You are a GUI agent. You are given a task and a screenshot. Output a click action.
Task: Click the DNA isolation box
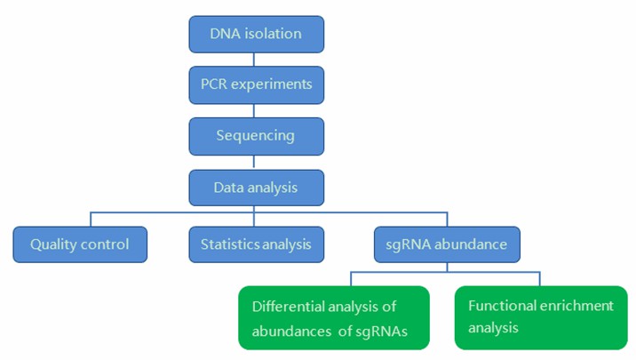[x=256, y=35]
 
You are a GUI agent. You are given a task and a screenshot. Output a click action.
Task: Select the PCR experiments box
[x=256, y=85]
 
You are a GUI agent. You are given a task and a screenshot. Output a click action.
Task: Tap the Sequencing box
[x=256, y=136]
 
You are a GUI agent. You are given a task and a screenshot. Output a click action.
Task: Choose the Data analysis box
[x=256, y=188]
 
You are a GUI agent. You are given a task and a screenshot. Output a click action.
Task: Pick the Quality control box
[x=80, y=244]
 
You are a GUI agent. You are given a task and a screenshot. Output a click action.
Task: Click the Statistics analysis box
[x=256, y=244]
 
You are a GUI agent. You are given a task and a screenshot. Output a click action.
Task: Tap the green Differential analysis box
[x=333, y=317]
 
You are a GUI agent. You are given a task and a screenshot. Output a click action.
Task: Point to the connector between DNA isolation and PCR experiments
[x=256, y=60]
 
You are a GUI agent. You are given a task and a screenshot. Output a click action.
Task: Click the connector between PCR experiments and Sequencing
[x=256, y=110]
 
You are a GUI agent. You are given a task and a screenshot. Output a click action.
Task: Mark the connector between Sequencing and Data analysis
[x=256, y=162]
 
